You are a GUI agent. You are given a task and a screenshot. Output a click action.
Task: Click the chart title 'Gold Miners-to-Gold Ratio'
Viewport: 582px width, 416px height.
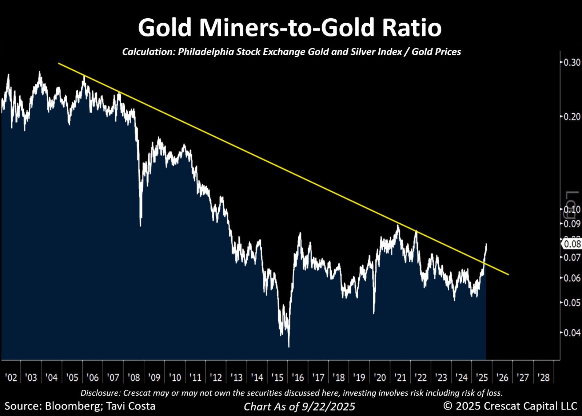(x=290, y=28)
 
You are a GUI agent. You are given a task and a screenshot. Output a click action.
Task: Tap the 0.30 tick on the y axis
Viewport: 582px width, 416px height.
(x=572, y=62)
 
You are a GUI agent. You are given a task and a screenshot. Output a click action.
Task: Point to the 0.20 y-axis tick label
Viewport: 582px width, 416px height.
(x=572, y=117)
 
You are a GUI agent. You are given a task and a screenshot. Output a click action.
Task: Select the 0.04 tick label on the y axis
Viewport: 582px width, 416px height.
(x=572, y=332)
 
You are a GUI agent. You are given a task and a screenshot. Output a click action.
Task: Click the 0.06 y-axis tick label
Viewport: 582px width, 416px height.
(x=572, y=278)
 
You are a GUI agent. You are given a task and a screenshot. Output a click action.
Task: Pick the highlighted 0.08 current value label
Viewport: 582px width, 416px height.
(x=572, y=243)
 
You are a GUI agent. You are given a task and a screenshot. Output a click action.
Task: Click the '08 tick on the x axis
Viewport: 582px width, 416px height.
(x=134, y=377)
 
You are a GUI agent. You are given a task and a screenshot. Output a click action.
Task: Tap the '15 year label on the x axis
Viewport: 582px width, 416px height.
(x=278, y=377)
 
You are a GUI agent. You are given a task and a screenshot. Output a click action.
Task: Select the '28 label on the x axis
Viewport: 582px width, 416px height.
(x=544, y=377)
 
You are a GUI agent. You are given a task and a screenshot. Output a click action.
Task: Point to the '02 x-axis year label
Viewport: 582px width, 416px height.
(x=11, y=377)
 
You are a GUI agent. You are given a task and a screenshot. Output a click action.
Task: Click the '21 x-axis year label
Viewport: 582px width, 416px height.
(x=400, y=377)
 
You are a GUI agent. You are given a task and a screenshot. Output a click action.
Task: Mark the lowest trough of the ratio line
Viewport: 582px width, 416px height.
(x=289, y=346)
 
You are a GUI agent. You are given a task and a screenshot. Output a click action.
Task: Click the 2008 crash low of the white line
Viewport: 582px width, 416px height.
(x=141, y=225)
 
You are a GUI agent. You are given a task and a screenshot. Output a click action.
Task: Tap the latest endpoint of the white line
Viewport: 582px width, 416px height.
(x=486, y=244)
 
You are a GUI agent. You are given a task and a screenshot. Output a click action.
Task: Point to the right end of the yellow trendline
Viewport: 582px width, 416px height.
(x=508, y=275)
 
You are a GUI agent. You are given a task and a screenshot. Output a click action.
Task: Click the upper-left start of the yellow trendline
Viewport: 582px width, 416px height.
(x=59, y=64)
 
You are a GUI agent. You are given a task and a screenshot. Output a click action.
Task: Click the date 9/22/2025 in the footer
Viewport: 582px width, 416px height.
(x=328, y=407)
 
